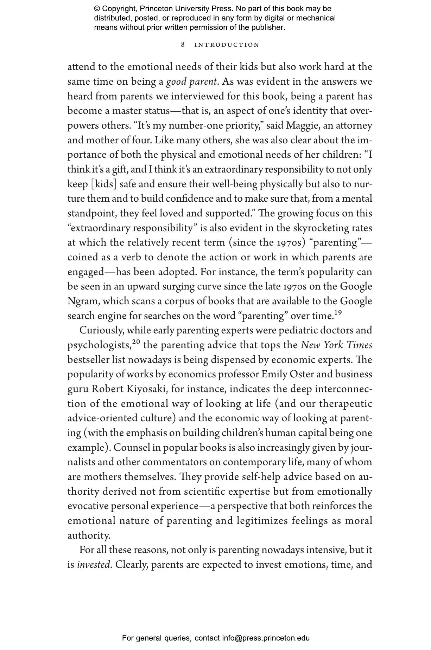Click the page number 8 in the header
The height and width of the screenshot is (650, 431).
pos(183,45)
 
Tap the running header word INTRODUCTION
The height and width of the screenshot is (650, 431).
pos(227,45)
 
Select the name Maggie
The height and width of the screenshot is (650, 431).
pos(299,125)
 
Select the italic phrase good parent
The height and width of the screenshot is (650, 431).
pos(191,82)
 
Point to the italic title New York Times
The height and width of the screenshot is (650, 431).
pos(336,345)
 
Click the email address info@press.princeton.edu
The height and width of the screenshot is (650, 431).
pos(266,638)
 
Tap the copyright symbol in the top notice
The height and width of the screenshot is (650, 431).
pos(97,9)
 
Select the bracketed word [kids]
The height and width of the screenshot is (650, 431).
pos(103,184)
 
